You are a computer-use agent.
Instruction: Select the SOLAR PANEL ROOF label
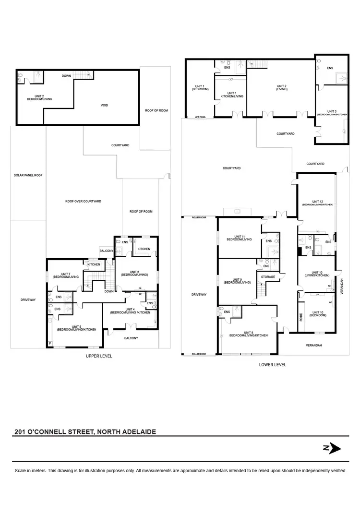28,175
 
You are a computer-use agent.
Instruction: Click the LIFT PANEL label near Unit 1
200,117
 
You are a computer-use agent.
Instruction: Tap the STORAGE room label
268,277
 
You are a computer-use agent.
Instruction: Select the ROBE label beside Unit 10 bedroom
301,318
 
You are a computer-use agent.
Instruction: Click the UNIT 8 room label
248,333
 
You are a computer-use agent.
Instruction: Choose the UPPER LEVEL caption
99,356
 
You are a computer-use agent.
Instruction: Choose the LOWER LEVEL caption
272,365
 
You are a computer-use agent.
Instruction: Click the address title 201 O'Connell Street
84,431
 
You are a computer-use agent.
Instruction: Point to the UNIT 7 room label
66,275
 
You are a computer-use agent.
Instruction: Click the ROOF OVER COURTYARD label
83,201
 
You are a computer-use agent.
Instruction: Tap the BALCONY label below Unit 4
131,338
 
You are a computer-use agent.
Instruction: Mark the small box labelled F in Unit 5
49,344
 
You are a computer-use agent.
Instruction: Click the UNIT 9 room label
237,281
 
